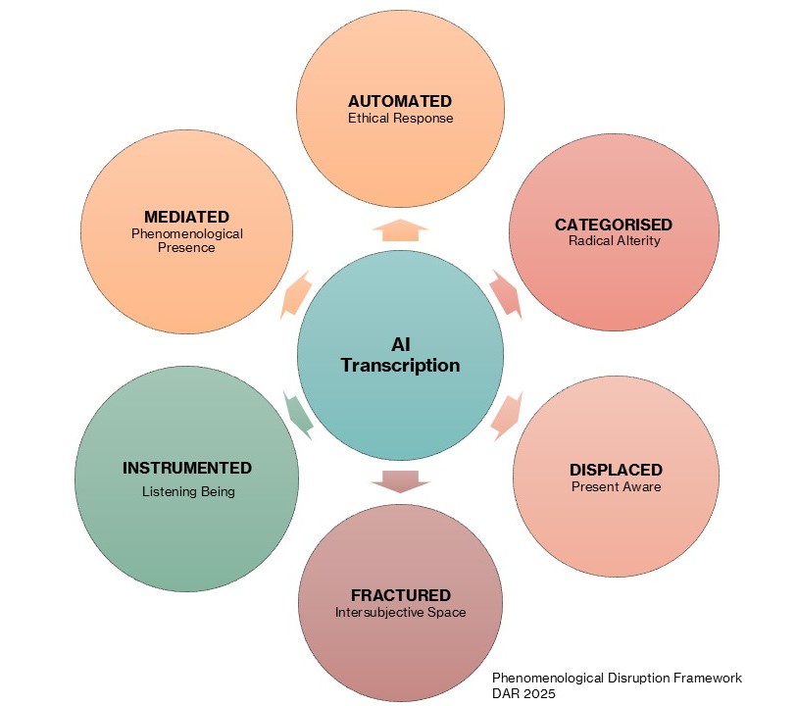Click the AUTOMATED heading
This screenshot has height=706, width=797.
click(x=400, y=101)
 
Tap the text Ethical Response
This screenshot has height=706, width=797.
click(x=400, y=118)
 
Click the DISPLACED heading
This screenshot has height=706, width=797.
click(x=616, y=470)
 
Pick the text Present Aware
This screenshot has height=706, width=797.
click(x=616, y=486)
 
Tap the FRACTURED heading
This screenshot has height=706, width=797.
click(x=400, y=595)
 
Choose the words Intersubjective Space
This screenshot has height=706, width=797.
click(x=400, y=612)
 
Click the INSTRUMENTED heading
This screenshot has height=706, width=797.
click(x=187, y=468)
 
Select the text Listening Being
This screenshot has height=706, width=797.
click(x=187, y=491)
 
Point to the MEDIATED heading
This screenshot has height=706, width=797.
click(x=186, y=217)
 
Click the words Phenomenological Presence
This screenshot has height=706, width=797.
click(x=186, y=240)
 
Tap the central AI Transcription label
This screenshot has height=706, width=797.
click(x=400, y=354)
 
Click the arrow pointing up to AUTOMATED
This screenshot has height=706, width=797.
click(x=400, y=229)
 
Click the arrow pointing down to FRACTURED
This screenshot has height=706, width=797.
click(x=400, y=479)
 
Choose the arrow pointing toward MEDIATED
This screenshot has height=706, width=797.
click(x=296, y=295)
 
